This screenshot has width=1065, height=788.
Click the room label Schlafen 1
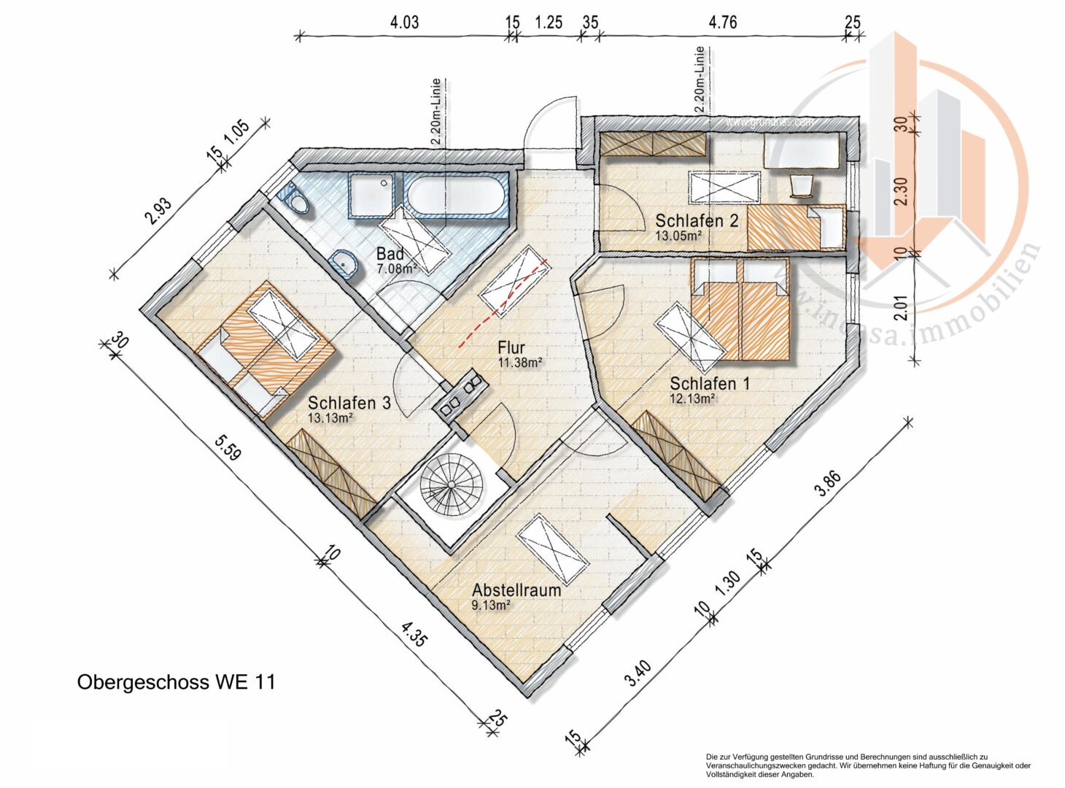tap(709, 384)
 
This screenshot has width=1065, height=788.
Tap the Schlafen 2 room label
tap(697, 220)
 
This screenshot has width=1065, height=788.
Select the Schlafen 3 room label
tap(349, 403)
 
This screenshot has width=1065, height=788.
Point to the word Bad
tap(390, 255)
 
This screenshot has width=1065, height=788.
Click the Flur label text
tap(511, 348)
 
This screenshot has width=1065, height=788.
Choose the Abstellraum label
tap(516, 590)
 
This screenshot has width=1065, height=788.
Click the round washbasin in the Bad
tap(345, 263)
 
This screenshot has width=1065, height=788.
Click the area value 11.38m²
tap(519, 363)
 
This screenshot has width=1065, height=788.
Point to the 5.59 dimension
tap(227, 448)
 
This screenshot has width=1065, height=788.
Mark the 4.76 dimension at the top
tap(722, 23)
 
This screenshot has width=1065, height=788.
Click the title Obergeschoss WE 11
tap(176, 682)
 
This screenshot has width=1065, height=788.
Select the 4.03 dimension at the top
tap(404, 23)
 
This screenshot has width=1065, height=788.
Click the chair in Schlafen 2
tap(802, 185)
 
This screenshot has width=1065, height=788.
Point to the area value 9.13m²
tap(491, 605)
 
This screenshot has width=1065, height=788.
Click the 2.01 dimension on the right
tap(901, 306)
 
